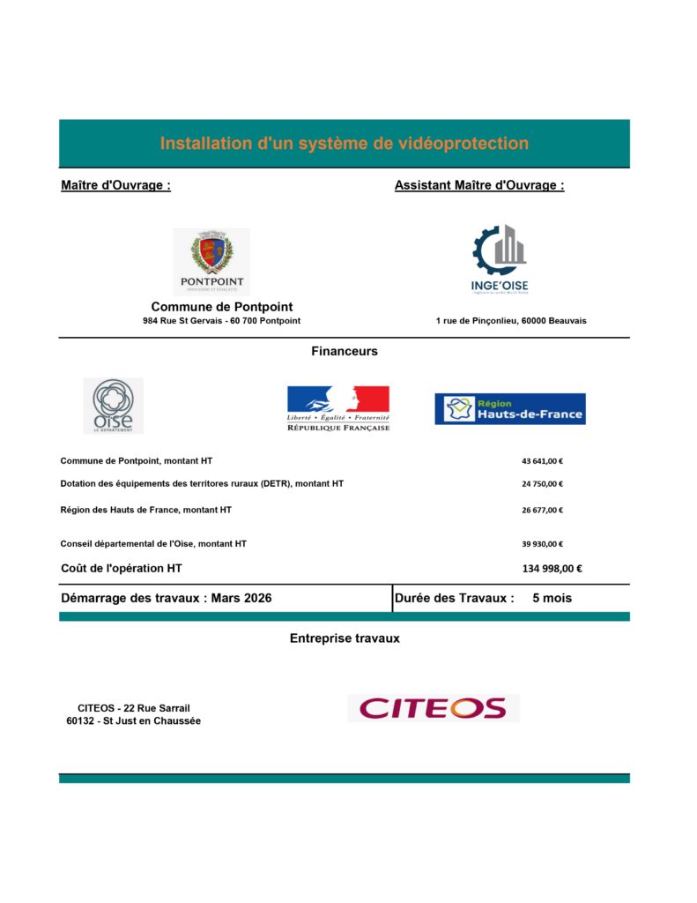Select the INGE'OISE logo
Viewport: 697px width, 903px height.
(x=499, y=259)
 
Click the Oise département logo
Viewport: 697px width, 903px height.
(x=113, y=406)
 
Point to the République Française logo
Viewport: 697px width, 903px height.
(x=338, y=408)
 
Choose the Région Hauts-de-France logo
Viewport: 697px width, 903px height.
(x=509, y=408)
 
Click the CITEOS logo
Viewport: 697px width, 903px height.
(x=433, y=708)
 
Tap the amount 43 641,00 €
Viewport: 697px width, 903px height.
(x=542, y=461)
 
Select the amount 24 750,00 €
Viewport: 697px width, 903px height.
(x=542, y=483)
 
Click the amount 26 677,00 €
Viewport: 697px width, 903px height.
(x=542, y=510)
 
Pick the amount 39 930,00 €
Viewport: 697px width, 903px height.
(x=542, y=544)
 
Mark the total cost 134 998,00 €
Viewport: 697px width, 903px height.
(x=552, y=569)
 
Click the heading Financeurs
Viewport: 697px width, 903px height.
(x=345, y=351)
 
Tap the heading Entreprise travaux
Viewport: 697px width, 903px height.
(x=345, y=638)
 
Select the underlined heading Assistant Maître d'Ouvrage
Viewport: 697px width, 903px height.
(x=479, y=185)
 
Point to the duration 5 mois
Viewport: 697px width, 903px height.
(x=552, y=598)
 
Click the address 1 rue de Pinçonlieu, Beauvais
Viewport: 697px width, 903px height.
(x=511, y=321)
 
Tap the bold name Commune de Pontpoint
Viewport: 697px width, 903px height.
(x=222, y=307)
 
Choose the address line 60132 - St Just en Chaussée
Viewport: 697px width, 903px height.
(x=134, y=721)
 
